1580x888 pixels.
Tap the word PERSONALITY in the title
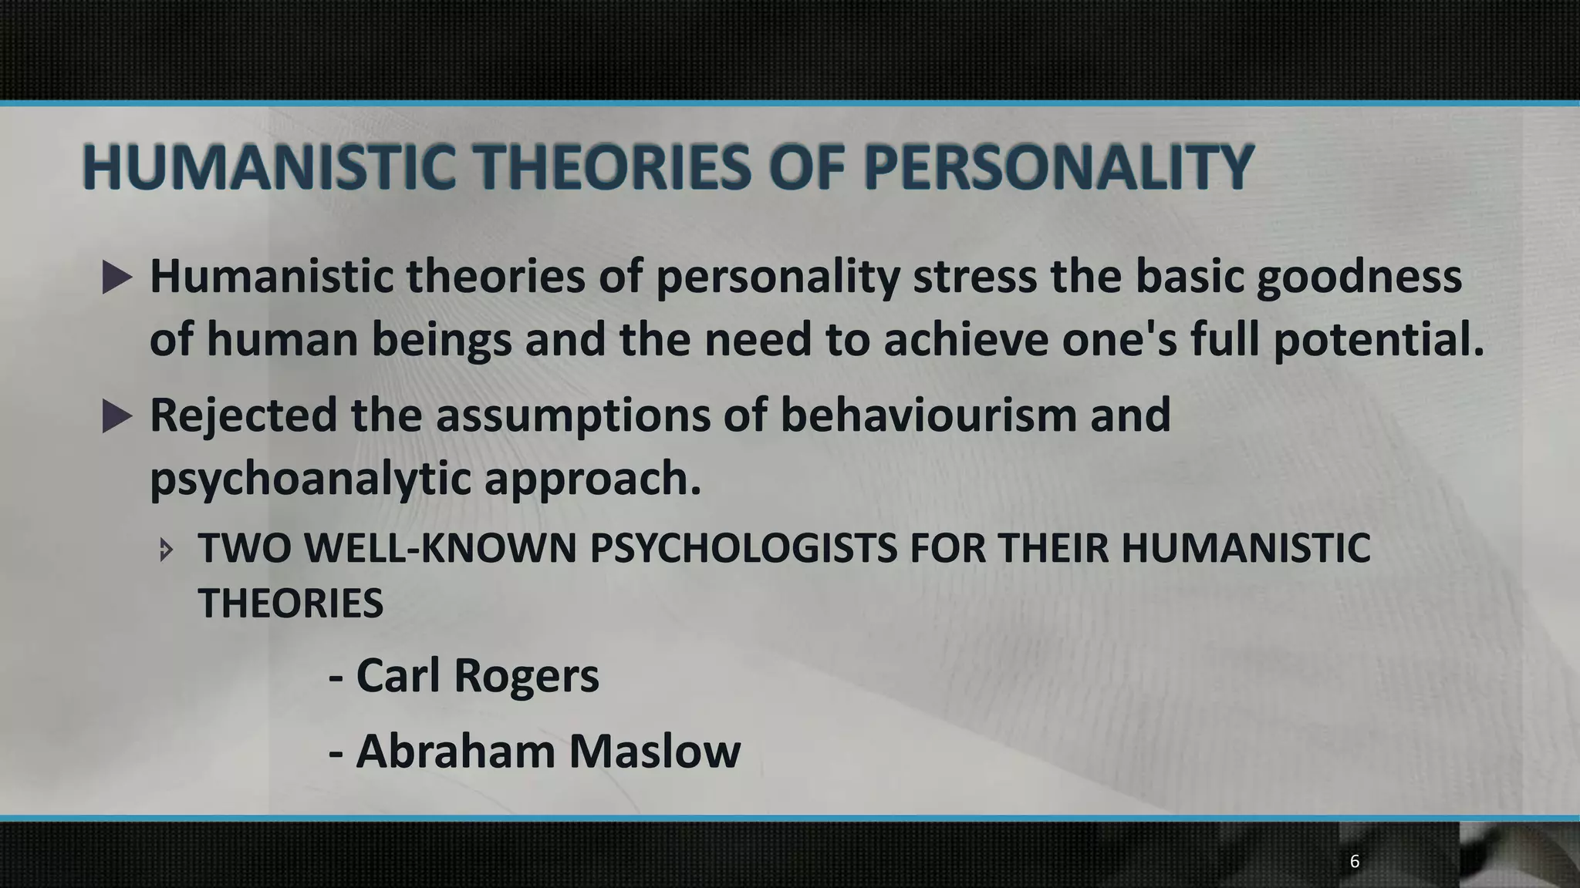(1058, 167)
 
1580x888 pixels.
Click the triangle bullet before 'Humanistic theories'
(117, 277)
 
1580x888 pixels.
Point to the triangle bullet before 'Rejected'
(117, 416)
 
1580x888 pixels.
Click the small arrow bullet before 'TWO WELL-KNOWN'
(166, 550)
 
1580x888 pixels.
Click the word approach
(592, 479)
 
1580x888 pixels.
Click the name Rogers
(526, 676)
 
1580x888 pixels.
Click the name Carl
(397, 676)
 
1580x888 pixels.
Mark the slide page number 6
(1354, 862)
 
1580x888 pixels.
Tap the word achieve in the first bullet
(965, 341)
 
